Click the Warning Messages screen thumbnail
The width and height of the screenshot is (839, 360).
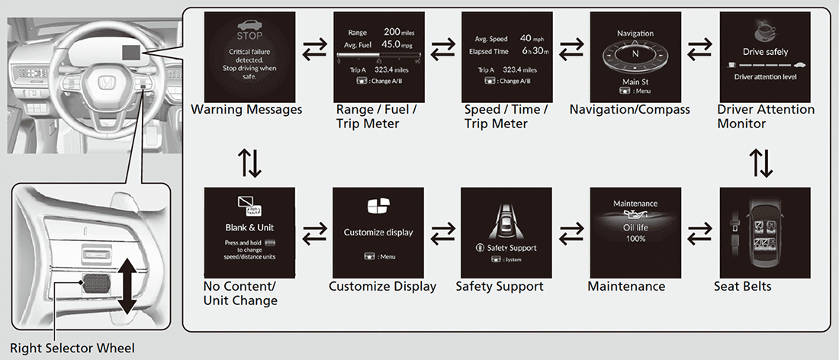(x=249, y=55)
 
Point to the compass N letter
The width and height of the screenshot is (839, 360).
(x=635, y=55)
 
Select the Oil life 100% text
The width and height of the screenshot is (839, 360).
(x=635, y=233)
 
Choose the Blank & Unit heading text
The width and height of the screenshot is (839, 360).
(x=249, y=227)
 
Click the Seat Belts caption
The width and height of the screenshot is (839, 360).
(x=742, y=287)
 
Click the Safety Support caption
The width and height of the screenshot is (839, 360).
(x=499, y=287)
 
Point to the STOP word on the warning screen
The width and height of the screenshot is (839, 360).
(x=249, y=35)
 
